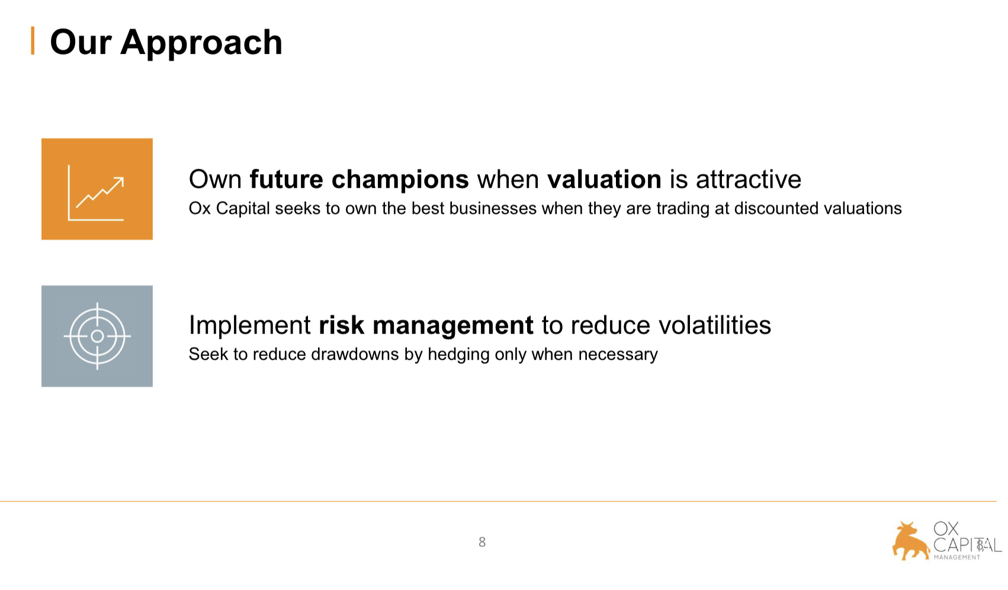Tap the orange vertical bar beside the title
(x=33, y=41)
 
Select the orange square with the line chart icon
(x=97, y=189)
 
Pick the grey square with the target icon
(x=97, y=336)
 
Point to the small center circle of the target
(x=97, y=336)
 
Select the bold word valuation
(x=604, y=179)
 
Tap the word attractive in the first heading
(x=749, y=179)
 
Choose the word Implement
(x=250, y=326)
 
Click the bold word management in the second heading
(x=453, y=326)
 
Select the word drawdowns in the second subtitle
(x=355, y=354)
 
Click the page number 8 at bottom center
(x=482, y=542)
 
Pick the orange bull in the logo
(x=910, y=541)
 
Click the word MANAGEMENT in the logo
(x=956, y=557)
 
